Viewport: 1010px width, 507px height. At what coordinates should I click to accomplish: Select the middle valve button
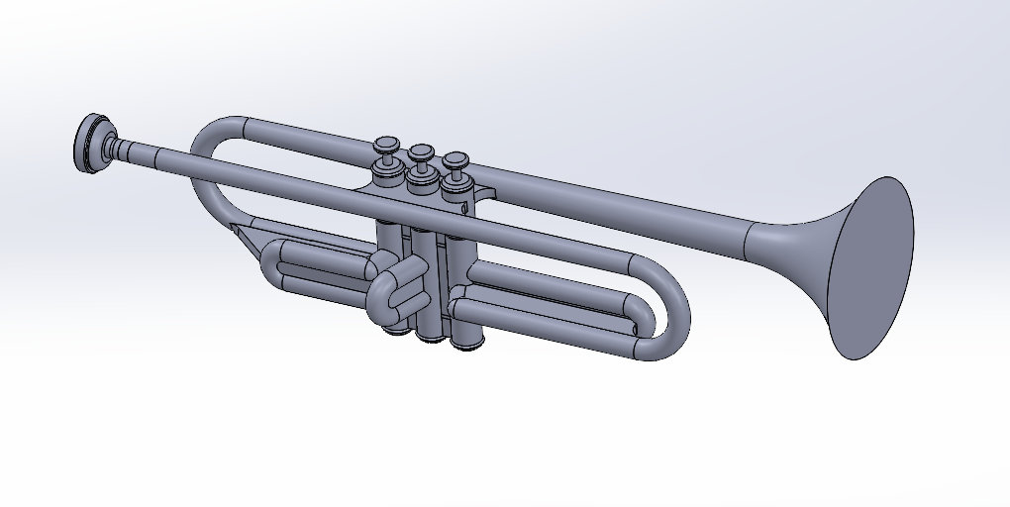422,152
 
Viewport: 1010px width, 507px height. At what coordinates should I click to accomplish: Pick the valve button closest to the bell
454,159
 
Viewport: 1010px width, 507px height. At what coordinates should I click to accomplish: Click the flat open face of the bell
870,267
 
